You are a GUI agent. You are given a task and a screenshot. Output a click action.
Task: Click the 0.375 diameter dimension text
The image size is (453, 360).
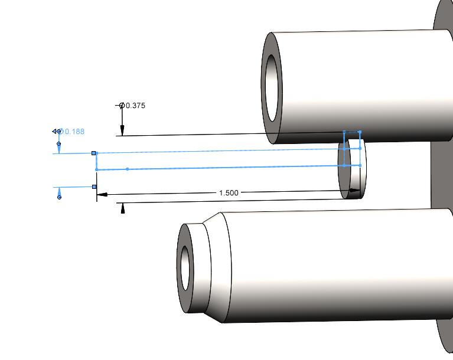(135, 106)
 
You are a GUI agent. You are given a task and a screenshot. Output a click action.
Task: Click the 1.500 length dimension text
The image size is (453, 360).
(229, 193)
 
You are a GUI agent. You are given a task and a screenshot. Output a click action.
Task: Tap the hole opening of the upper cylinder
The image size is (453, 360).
(272, 87)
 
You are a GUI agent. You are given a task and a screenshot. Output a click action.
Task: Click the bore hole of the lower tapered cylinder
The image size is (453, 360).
(186, 269)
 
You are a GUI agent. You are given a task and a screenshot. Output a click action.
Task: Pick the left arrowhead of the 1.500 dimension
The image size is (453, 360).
(102, 194)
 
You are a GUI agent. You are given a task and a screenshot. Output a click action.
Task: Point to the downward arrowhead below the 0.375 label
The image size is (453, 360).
(122, 131)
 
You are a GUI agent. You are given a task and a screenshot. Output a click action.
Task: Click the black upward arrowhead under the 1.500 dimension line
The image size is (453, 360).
(123, 208)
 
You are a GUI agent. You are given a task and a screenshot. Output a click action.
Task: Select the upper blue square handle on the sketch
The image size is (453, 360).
(94, 153)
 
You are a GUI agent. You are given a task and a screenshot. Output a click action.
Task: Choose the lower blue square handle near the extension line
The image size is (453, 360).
(94, 187)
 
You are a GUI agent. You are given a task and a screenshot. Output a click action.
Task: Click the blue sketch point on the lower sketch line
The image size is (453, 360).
(128, 169)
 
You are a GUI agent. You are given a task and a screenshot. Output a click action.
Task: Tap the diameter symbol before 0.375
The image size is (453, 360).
(122, 106)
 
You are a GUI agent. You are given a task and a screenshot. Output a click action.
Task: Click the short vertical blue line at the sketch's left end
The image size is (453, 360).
(96, 161)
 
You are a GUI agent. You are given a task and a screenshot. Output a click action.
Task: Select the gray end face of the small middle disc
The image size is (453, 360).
(344, 177)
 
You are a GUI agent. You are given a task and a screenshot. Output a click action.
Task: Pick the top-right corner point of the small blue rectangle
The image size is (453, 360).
(360, 132)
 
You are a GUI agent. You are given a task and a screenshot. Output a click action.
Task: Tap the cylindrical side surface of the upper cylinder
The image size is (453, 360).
(366, 83)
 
